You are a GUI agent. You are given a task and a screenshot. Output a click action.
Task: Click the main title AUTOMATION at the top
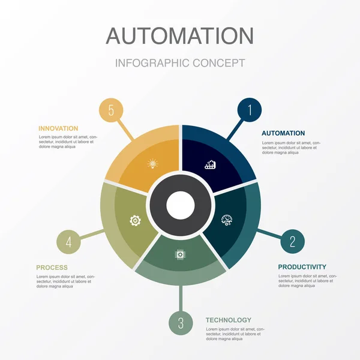tap(180, 35)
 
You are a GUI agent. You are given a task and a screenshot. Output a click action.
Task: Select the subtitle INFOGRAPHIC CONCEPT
tap(180, 63)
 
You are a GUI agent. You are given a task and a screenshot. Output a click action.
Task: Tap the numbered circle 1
tap(249, 110)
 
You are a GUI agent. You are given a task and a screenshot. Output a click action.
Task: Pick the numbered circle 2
tap(292, 241)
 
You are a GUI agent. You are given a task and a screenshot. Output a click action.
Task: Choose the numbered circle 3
tap(181, 323)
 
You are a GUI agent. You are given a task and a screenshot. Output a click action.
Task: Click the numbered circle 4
tap(68, 242)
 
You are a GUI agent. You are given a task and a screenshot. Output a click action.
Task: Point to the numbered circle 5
tap(111, 110)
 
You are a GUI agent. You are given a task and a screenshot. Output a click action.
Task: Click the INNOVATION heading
tap(58, 128)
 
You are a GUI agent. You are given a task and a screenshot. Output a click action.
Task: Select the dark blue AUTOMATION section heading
tap(283, 133)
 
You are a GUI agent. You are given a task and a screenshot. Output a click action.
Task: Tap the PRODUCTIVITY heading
tap(302, 267)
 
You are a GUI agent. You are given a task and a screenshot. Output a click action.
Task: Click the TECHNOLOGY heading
tap(228, 320)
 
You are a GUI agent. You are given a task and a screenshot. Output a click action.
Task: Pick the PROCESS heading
tap(52, 268)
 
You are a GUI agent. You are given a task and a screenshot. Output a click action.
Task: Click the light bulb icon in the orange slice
tap(152, 163)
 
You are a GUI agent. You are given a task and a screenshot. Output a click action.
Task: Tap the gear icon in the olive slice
tap(136, 220)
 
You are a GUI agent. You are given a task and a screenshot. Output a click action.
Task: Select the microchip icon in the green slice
tap(179, 254)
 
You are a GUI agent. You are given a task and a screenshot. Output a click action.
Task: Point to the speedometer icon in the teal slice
tap(227, 220)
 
